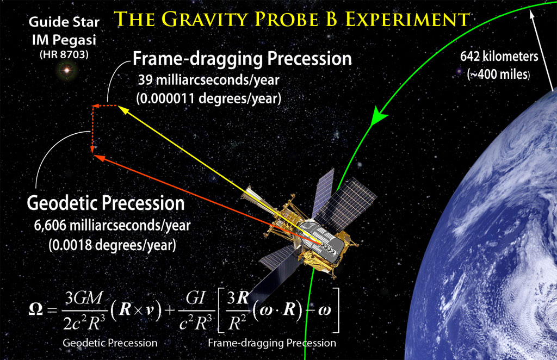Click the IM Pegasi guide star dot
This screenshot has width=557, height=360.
[x=66, y=70]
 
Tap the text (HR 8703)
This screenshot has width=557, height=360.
[x=64, y=54]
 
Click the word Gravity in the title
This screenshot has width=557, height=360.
[x=206, y=19]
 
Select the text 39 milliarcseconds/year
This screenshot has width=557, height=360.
[x=209, y=80]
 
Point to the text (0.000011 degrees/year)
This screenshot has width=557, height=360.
[x=209, y=98]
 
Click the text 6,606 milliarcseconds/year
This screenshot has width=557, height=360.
[x=112, y=226]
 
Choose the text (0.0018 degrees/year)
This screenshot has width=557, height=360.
[x=112, y=245]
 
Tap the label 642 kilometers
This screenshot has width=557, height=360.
[x=499, y=56]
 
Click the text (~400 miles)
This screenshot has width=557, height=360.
[x=499, y=74]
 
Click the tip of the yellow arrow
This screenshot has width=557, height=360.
[x=118, y=106]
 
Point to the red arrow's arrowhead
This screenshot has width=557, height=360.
[x=99, y=158]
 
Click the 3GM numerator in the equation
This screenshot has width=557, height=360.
[x=84, y=298]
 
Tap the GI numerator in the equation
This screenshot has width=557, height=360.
[x=196, y=298]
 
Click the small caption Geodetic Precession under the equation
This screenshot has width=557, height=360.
[x=110, y=343]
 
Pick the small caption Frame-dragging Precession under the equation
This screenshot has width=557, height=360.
[x=272, y=343]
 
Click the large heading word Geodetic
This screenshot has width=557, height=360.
[x=62, y=203]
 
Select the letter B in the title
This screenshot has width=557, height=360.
[x=331, y=19]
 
